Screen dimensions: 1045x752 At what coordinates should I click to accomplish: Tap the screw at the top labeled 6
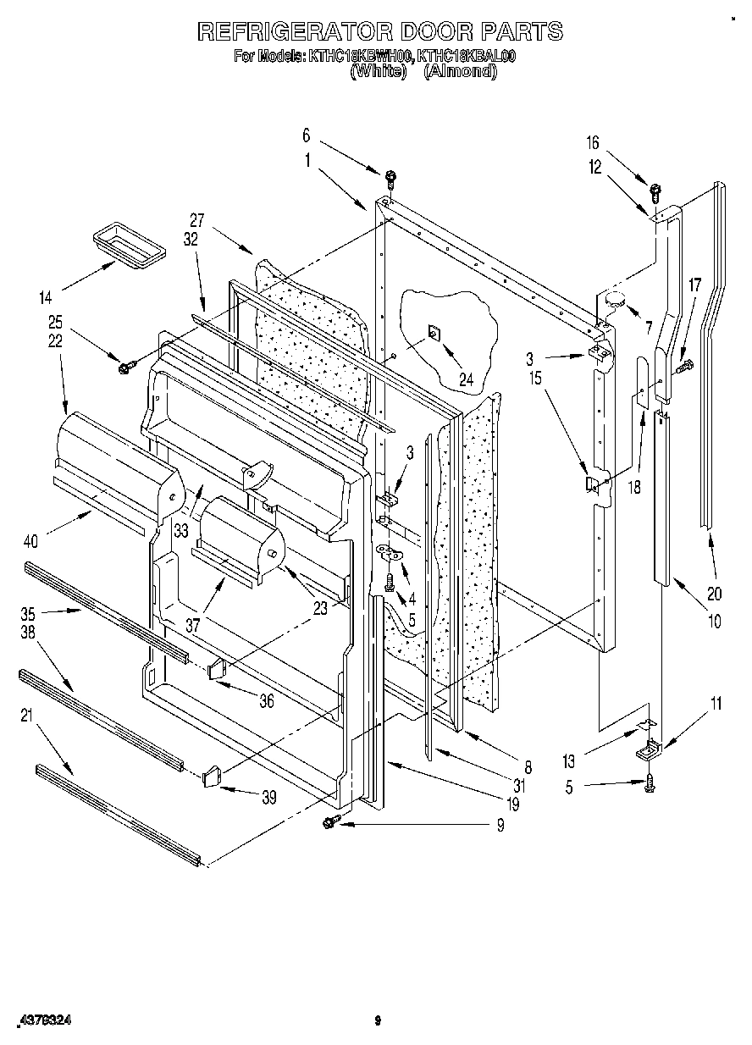(390, 177)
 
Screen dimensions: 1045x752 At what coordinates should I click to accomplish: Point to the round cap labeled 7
(612, 298)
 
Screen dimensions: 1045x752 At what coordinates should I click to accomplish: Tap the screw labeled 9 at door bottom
(330, 821)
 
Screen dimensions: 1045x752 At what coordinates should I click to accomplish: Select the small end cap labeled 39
(212, 774)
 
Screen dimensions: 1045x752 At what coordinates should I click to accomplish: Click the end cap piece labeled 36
(215, 669)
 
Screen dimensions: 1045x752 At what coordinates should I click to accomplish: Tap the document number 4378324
(45, 1023)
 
